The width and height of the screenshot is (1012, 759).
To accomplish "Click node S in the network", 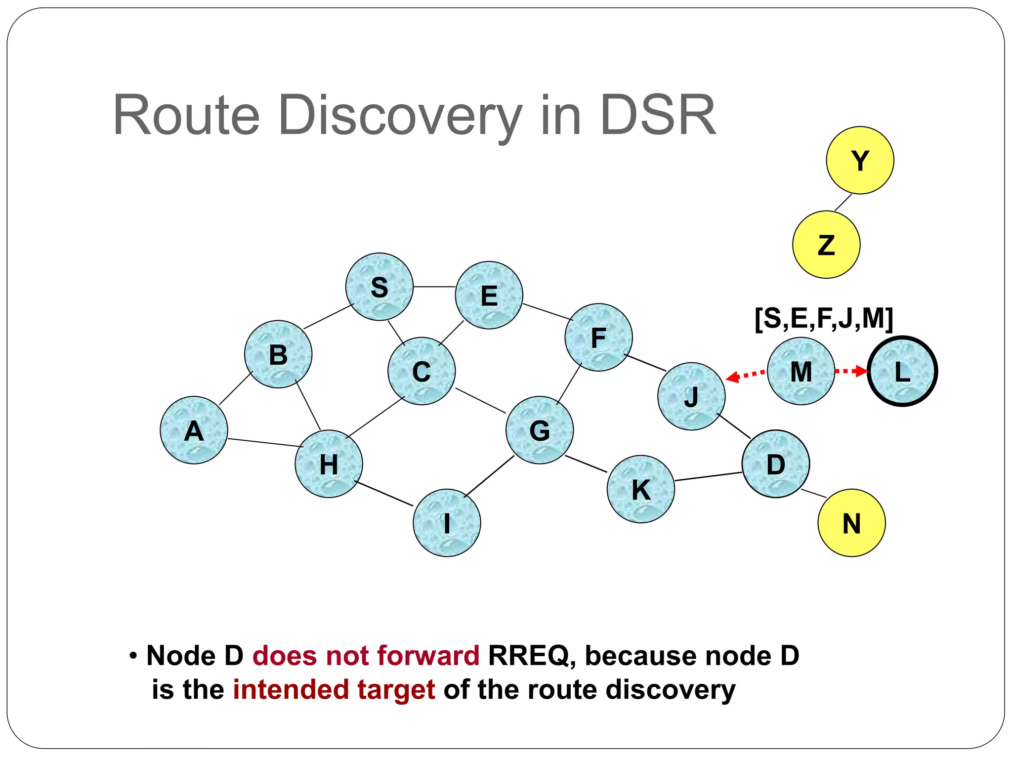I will click(379, 287).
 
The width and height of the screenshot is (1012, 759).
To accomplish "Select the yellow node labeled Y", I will click(860, 160).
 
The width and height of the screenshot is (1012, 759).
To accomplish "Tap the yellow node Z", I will click(826, 245).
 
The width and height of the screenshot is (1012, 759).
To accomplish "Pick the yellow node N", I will click(851, 523).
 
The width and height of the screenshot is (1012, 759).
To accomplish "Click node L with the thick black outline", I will click(902, 371).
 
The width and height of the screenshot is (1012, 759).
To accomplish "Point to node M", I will click(801, 371).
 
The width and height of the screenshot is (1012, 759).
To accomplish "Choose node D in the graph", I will click(776, 464).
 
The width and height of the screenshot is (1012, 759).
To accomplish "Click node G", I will click(540, 430).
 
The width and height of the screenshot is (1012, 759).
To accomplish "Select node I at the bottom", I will click(447, 523).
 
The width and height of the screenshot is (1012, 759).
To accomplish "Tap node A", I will click(194, 430).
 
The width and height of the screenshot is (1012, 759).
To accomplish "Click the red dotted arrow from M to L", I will click(851, 371).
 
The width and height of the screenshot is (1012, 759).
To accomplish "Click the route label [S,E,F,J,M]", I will click(824, 318).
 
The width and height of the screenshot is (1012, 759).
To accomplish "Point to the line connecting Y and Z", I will click(843, 203).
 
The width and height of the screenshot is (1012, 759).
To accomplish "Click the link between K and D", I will click(708, 476).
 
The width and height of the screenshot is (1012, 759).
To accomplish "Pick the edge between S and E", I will click(434, 287).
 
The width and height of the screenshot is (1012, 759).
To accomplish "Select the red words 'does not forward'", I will click(366, 656).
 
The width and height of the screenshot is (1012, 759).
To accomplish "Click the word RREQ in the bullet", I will click(528, 656).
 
